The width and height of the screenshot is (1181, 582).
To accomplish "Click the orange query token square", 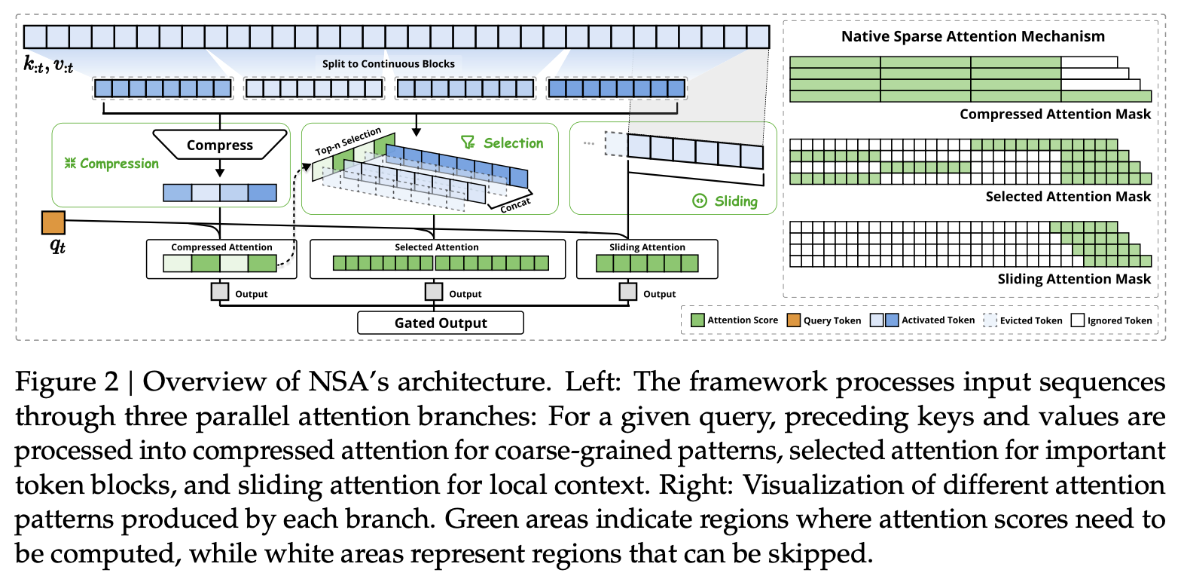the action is tap(53, 222).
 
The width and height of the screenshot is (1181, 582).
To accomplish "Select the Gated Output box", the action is tap(440, 323).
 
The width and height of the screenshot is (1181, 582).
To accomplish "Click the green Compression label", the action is tap(111, 164).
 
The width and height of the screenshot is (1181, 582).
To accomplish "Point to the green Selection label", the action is tap(502, 143).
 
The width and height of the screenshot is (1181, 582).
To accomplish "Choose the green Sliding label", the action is tap(725, 201).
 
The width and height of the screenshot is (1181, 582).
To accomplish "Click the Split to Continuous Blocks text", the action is tap(388, 64).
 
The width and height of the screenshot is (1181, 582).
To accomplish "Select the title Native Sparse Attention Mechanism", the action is tap(973, 36).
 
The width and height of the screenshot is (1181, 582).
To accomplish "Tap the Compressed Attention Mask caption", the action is tap(1055, 114).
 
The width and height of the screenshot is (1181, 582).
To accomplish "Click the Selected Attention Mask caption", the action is tap(1068, 196).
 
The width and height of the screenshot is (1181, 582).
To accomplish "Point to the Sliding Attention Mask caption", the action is tap(1074, 279).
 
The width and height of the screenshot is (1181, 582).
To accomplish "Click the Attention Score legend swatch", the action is tap(697, 320).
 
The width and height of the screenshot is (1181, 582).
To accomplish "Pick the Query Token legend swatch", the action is tap(794, 320).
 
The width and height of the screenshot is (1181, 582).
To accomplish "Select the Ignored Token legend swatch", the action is tap(1078, 320).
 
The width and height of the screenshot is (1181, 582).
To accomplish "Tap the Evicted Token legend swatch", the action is tap(990, 320).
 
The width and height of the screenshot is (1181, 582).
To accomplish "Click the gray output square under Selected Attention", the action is tap(434, 292).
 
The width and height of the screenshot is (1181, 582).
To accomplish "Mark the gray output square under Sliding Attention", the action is tap(628, 292).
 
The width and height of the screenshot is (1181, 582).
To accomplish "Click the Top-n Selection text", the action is tap(348, 141).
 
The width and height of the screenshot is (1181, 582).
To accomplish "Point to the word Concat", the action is tap(515, 205).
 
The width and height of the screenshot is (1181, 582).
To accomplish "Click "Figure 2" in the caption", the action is tap(67, 381).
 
